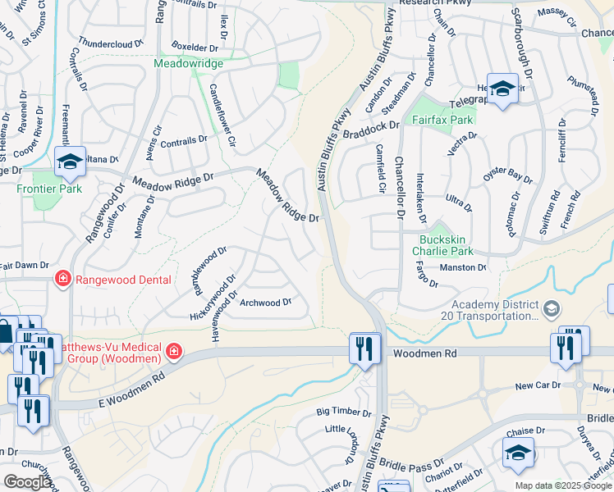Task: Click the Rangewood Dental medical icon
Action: pos(62,280)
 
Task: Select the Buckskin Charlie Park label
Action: pos(442,245)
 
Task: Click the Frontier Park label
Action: pos(48,188)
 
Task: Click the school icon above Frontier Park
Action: pos(71,162)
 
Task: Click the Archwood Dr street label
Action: pos(265,303)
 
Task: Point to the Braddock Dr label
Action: pos(371,130)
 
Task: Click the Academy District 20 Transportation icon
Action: pos(551,308)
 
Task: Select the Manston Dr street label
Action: pos(462,267)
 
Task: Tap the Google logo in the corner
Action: pos(27,482)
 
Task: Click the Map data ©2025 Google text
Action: pos(562,485)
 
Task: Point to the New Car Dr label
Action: pos(538,385)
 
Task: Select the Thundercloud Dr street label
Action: pos(110,41)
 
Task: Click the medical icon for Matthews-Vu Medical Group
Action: pos(173,353)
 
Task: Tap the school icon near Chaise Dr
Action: pos(518,453)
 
